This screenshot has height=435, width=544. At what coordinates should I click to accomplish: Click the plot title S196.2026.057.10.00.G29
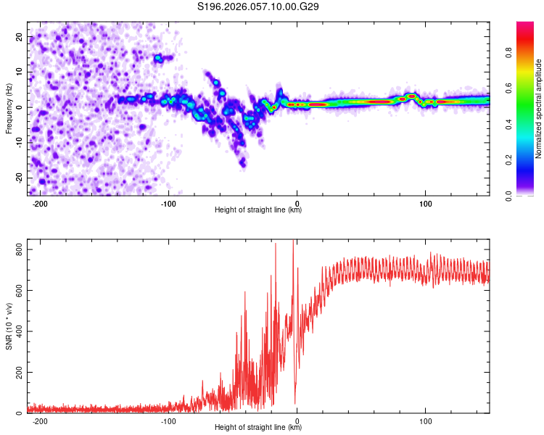point(258,7)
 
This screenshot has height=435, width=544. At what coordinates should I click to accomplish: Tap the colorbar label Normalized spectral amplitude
point(539,109)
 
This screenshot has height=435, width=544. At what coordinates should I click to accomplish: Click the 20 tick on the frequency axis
point(20,36)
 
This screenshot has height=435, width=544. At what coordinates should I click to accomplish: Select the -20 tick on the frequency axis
point(18,178)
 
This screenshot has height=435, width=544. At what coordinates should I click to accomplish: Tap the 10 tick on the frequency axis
point(20,72)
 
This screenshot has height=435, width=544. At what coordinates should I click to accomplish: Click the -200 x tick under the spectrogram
point(41,204)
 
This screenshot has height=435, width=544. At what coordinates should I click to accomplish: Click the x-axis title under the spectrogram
point(258,211)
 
